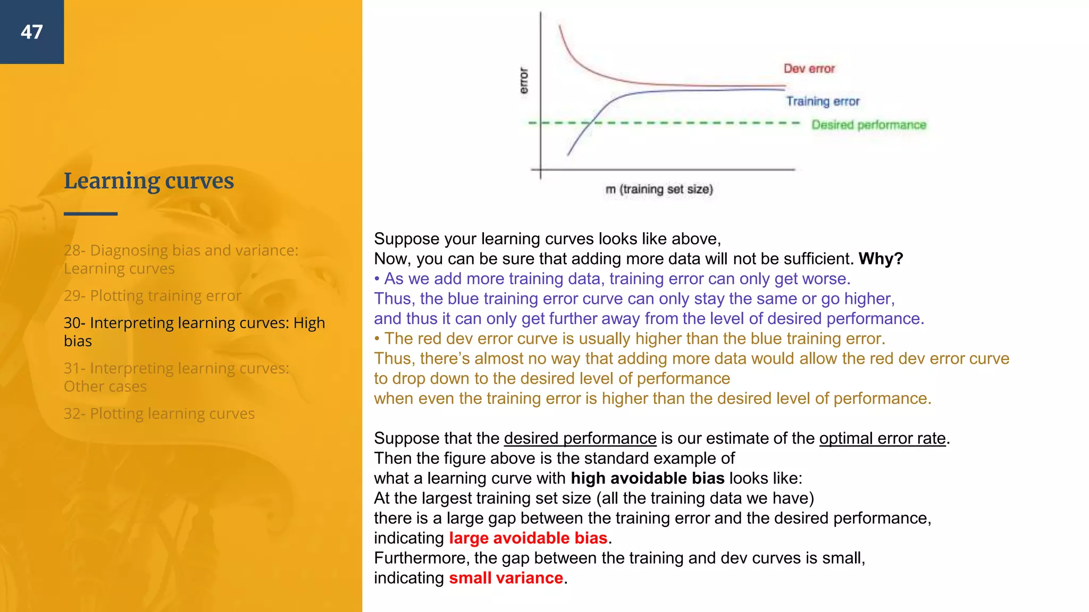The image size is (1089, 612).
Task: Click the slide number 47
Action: coord(31,32)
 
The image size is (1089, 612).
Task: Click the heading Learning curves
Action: coord(148,181)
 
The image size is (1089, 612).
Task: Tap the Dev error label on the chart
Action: coord(809,69)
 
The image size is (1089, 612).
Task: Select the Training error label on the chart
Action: coord(822,101)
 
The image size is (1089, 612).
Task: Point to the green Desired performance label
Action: coord(868,125)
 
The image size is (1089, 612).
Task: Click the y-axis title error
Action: coord(524,80)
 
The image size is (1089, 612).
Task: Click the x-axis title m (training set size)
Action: coord(659,189)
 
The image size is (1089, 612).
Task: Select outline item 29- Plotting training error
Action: coord(152,295)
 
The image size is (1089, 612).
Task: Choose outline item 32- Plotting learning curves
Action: coord(159,413)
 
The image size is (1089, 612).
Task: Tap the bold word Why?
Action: coord(881,259)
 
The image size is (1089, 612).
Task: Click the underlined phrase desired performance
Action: coord(580,438)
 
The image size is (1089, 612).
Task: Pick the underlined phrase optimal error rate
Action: coord(882,438)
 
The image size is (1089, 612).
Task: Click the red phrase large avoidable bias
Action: coord(527,538)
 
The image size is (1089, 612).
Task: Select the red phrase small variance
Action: coord(505,578)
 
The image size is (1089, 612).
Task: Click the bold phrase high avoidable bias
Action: coord(647,478)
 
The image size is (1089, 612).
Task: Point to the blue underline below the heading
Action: coord(90,214)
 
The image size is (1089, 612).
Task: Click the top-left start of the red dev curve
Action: coord(559,25)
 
